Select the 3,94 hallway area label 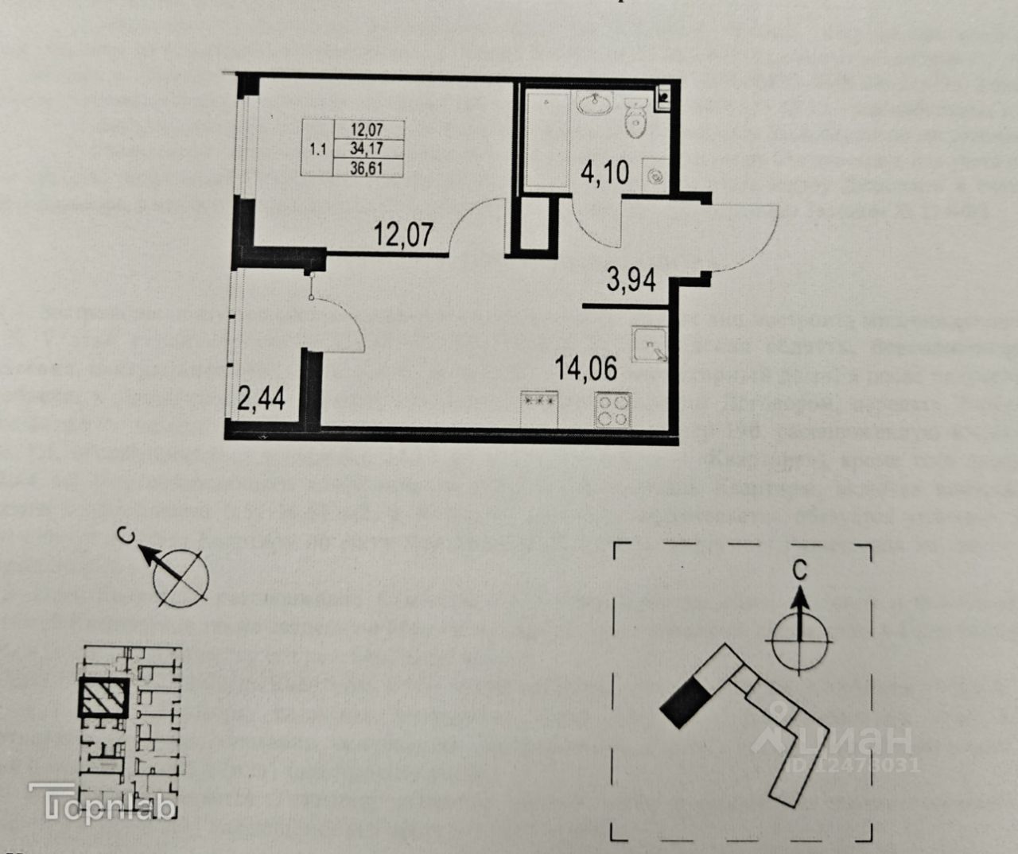(x=631, y=280)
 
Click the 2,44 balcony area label (x=262, y=394)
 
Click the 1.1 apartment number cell (x=318, y=148)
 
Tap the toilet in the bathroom (x=635, y=118)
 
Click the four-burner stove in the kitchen (x=612, y=411)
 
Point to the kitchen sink (x=651, y=344)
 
